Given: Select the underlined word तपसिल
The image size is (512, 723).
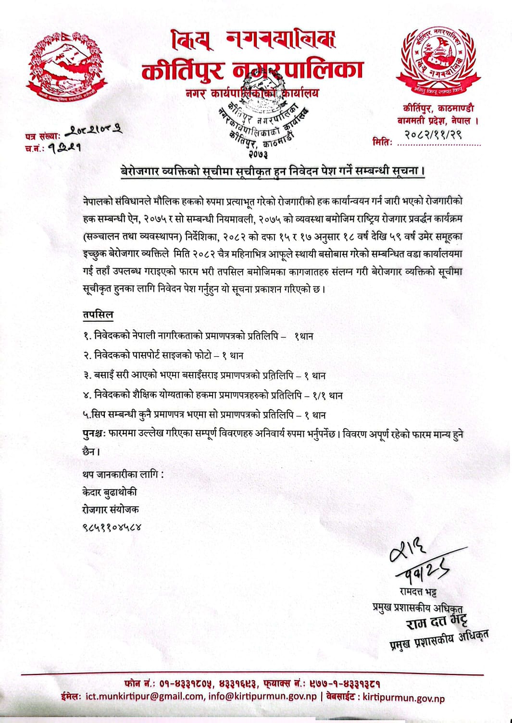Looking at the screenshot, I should coord(98,315).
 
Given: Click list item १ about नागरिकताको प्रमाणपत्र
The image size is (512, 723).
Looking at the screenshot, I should coord(198,336).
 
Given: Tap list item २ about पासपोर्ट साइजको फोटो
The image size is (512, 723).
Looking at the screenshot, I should coord(163,356).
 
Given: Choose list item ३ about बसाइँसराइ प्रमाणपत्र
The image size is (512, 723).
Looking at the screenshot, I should coord(204,375).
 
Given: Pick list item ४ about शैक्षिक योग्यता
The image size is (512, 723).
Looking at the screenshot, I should coord(212,395).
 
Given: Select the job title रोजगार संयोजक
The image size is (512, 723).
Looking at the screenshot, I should coord(111,510).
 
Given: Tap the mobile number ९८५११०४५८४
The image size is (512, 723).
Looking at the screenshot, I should coord(112,527).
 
